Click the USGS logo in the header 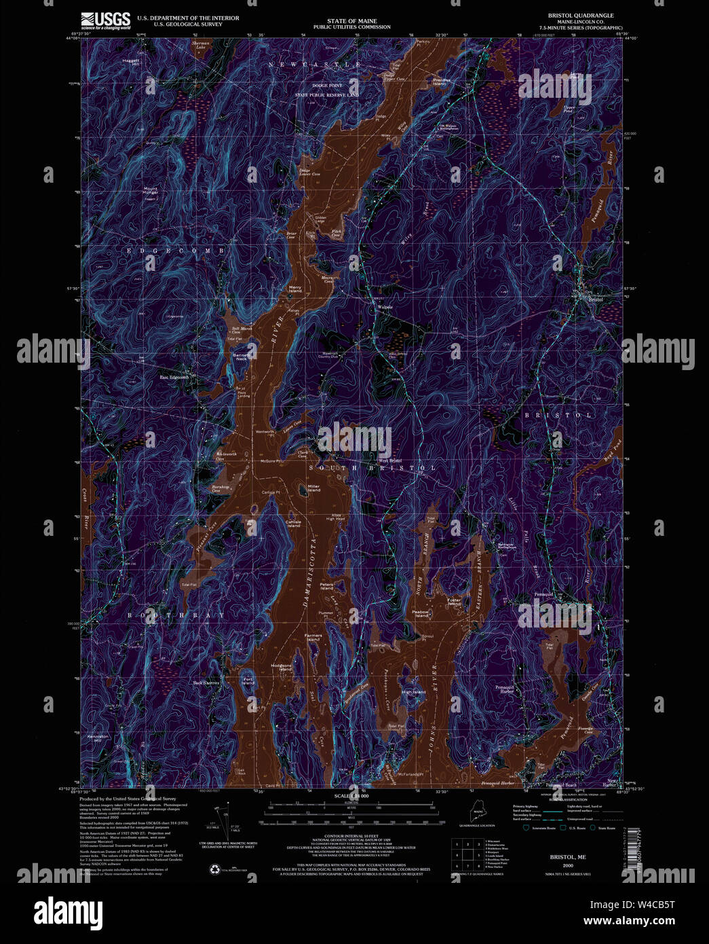105,20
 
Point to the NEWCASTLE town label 314,64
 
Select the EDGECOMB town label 174,251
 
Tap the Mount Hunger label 150,191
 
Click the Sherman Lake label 201,45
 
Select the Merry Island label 295,289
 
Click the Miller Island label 313,488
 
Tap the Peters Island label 327,585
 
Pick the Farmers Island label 313,636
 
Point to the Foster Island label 454,602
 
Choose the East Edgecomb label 173,378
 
